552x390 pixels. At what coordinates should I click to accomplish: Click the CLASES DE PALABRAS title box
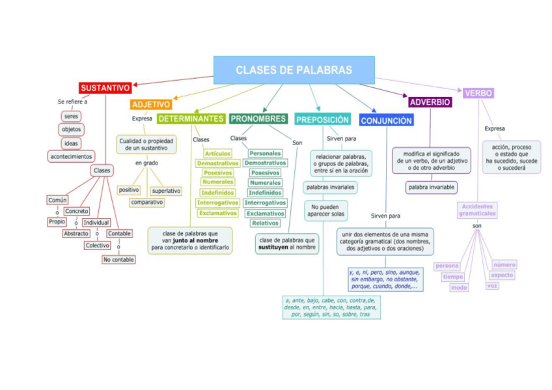[x=294, y=70]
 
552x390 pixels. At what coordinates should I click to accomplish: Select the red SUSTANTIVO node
[x=105, y=87]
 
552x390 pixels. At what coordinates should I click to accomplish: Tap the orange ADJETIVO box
[x=151, y=104]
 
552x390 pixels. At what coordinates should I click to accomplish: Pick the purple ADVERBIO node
[x=430, y=102]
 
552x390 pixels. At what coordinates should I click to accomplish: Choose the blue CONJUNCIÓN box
[x=386, y=120]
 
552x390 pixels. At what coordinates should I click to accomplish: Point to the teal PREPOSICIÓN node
[x=322, y=120]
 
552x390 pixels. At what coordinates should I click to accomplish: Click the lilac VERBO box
[x=478, y=93]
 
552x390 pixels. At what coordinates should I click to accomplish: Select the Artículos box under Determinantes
[x=217, y=153]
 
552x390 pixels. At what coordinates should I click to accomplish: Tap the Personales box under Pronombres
[x=265, y=153]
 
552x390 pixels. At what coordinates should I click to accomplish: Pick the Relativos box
[x=265, y=223]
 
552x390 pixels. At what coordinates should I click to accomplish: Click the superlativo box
[x=166, y=191]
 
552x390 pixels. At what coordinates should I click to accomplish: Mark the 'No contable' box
[x=118, y=259]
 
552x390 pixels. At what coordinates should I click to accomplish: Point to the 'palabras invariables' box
[x=330, y=188]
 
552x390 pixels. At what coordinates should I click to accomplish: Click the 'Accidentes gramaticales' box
[x=477, y=210]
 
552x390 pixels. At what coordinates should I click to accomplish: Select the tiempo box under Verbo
[x=453, y=277]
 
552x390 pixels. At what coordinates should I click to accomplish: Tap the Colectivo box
[x=97, y=245]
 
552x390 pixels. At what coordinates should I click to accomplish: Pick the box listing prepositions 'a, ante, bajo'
[x=331, y=307]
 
